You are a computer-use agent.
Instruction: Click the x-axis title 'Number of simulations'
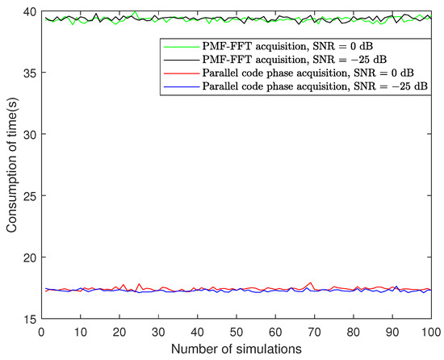click(x=236, y=350)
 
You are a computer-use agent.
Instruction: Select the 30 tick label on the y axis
click(x=29, y=134)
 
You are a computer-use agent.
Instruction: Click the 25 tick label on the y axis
click(x=29, y=196)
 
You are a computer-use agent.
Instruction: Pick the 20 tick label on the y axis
click(x=29, y=257)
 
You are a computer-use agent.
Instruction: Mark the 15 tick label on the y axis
click(x=29, y=320)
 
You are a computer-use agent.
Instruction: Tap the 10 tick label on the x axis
click(x=80, y=332)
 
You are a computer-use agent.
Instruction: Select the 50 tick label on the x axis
click(x=236, y=332)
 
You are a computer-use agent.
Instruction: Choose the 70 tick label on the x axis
click(x=314, y=332)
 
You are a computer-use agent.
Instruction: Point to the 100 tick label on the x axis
click(x=430, y=332)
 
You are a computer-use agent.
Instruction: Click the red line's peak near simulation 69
click(x=310, y=283)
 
